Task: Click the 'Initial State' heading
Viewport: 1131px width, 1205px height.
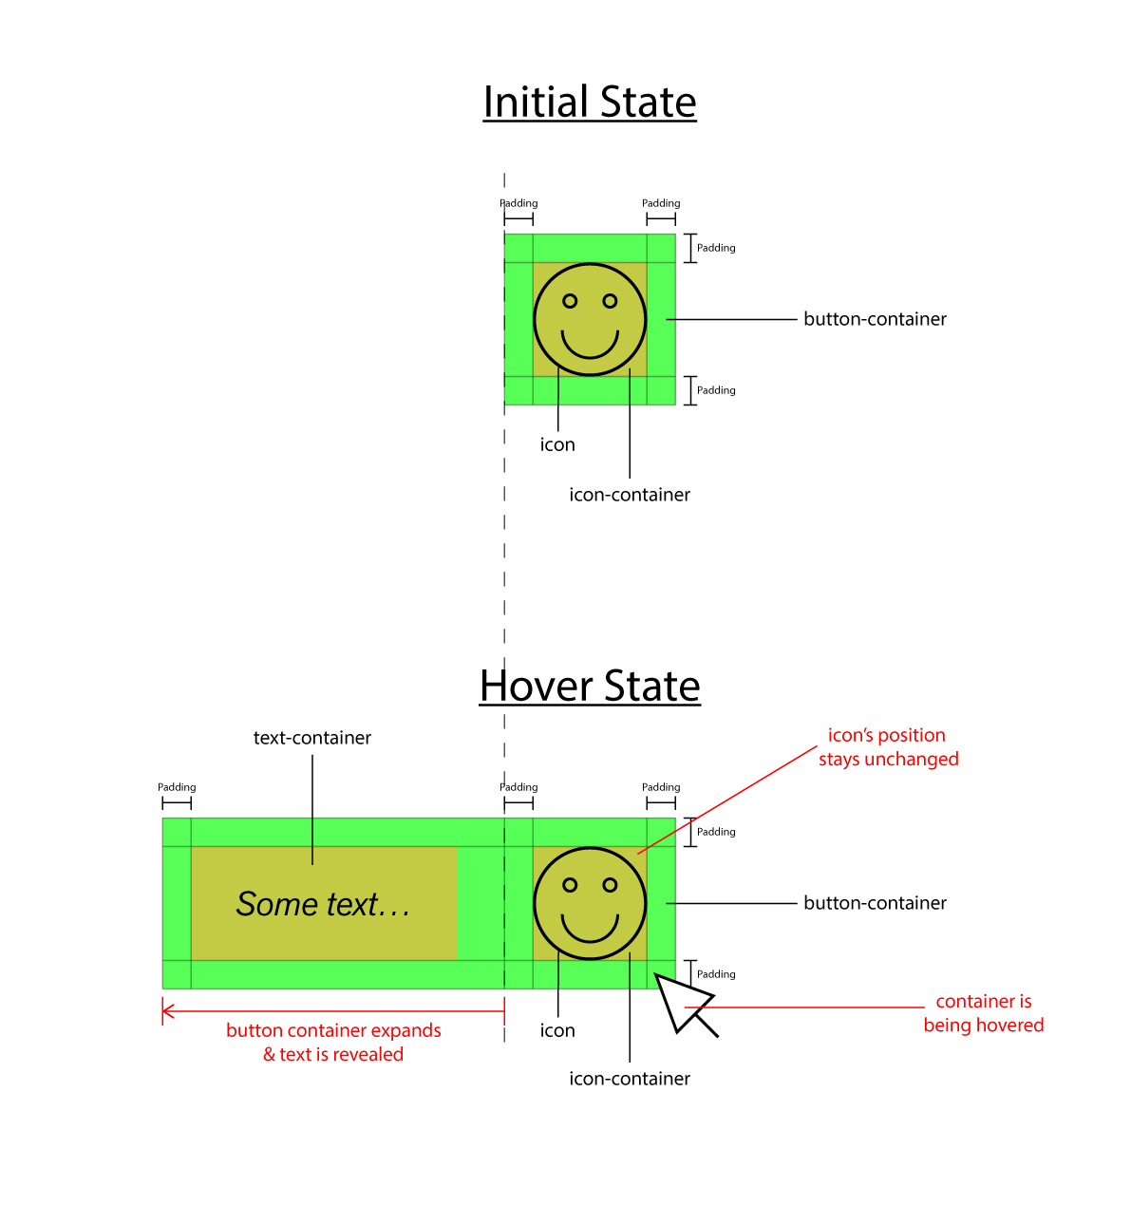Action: pyautogui.click(x=590, y=103)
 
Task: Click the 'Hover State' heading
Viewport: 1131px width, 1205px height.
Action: pyautogui.click(x=590, y=687)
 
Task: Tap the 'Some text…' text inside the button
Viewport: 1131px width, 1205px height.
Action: pyautogui.click(x=323, y=905)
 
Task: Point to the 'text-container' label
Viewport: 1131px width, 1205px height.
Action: pyautogui.click(x=311, y=738)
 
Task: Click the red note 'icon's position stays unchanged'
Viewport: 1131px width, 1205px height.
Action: pyautogui.click(x=888, y=747)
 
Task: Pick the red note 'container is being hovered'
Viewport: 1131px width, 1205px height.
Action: pyautogui.click(x=983, y=1013)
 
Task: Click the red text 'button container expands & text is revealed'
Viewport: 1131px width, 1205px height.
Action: pyautogui.click(x=333, y=1043)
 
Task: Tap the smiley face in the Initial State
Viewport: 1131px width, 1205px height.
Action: pyautogui.click(x=590, y=320)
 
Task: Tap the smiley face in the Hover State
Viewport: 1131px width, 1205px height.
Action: pyautogui.click(x=590, y=904)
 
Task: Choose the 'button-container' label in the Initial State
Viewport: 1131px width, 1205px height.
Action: pyautogui.click(x=875, y=319)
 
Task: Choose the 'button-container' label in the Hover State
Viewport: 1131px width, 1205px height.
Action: pyautogui.click(x=875, y=903)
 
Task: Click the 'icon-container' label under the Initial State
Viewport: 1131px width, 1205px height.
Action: pyautogui.click(x=630, y=495)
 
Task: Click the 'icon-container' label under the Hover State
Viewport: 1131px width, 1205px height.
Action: pyautogui.click(x=630, y=1079)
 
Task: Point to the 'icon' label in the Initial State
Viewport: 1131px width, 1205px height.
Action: pyautogui.click(x=557, y=445)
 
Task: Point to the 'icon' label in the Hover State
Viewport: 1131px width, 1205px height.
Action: pyautogui.click(x=557, y=1031)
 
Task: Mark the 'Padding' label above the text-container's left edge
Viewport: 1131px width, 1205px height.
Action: pyautogui.click(x=177, y=787)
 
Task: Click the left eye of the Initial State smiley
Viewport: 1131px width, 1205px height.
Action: pyautogui.click(x=570, y=301)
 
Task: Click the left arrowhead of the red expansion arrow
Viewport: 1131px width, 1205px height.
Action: pyautogui.click(x=167, y=1011)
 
